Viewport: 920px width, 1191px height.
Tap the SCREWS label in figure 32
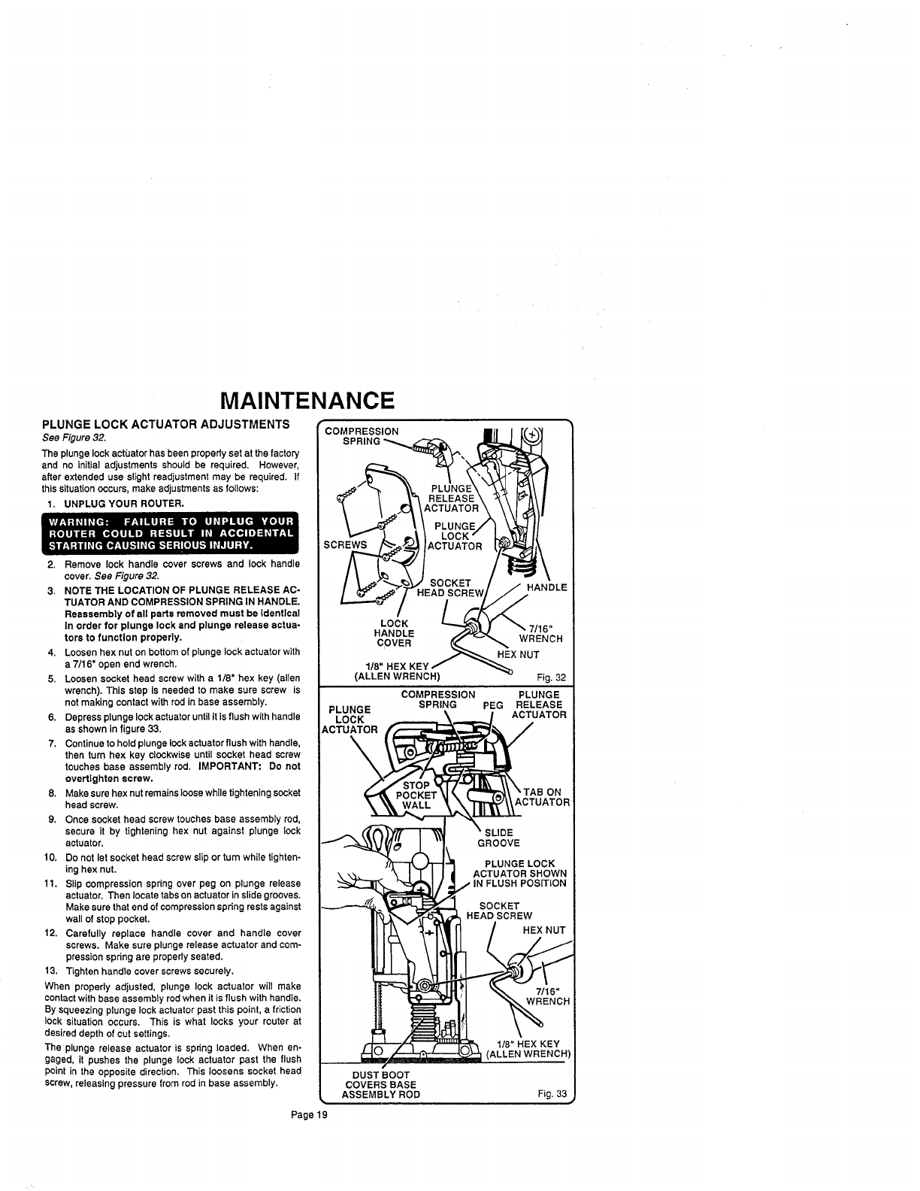point(344,544)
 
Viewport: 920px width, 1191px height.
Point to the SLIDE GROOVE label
point(498,837)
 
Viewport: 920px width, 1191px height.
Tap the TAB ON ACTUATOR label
point(543,796)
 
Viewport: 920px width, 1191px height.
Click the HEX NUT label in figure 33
point(543,930)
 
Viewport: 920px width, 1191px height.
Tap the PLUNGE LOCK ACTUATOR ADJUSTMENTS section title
point(165,425)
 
